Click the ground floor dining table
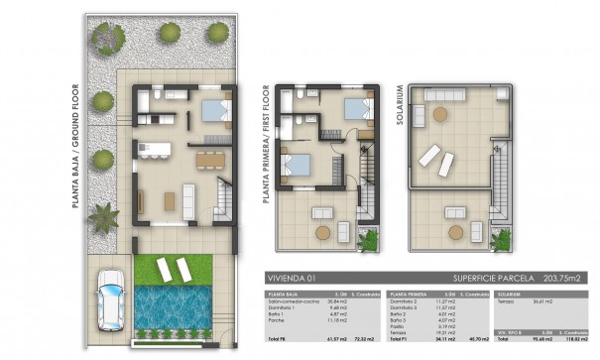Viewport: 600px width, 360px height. click(207, 158)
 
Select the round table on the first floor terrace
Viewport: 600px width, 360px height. click(322, 232)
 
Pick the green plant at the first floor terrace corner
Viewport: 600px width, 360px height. click(371, 239)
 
